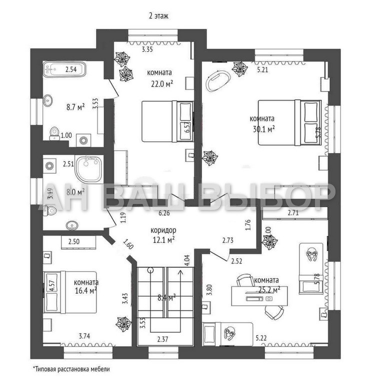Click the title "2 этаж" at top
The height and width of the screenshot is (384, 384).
pyautogui.click(x=158, y=16)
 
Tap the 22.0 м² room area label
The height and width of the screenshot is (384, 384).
pyautogui.click(x=160, y=83)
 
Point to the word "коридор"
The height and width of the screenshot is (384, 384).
pyautogui.click(x=162, y=230)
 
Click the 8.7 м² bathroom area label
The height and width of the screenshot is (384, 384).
pyautogui.click(x=75, y=106)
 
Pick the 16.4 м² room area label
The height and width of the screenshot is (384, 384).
pyautogui.click(x=85, y=289)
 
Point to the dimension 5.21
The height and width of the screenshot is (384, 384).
pyautogui.click(x=262, y=70)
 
